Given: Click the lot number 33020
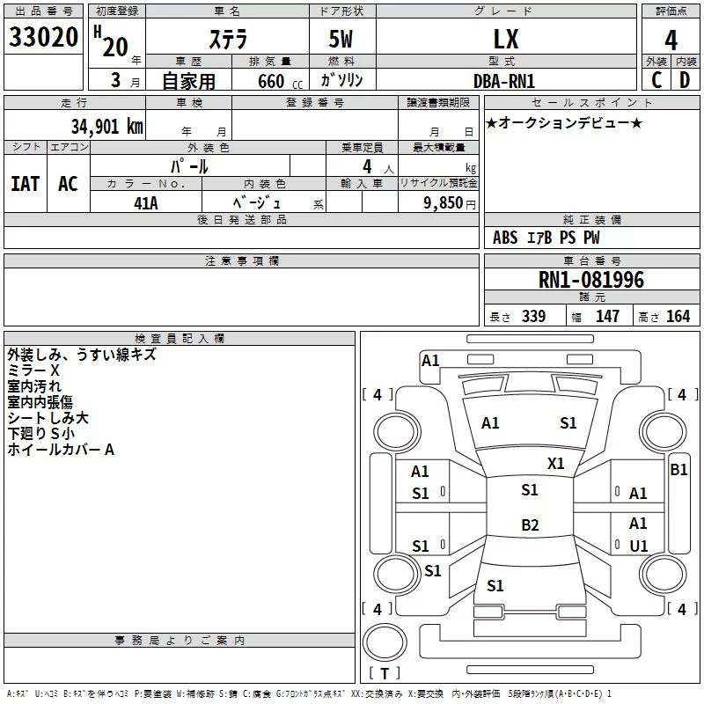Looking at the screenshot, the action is (43, 37).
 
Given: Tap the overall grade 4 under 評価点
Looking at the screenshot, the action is (671, 40).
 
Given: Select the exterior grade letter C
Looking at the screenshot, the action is (656, 80).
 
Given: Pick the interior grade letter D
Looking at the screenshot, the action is (685, 80).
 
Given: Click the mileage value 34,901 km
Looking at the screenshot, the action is (106, 127).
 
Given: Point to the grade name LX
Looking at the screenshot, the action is (506, 39).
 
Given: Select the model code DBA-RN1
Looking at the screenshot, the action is (504, 81).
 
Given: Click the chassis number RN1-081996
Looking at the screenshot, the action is (591, 280).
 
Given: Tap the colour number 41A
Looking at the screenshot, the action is (146, 203).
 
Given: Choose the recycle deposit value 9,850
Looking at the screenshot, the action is (444, 202).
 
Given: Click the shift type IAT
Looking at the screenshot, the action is (26, 184).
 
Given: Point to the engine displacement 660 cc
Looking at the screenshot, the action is (280, 81).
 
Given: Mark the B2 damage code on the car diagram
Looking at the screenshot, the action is (530, 524).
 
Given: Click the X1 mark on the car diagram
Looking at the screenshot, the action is (555, 464).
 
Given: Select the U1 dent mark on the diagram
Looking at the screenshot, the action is (639, 546).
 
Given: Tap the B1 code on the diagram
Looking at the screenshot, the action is (678, 470).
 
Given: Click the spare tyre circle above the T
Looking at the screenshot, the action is (385, 642).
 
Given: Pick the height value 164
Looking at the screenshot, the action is (678, 316).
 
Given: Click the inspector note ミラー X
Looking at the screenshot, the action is (33, 370).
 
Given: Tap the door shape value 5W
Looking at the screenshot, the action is (341, 39).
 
